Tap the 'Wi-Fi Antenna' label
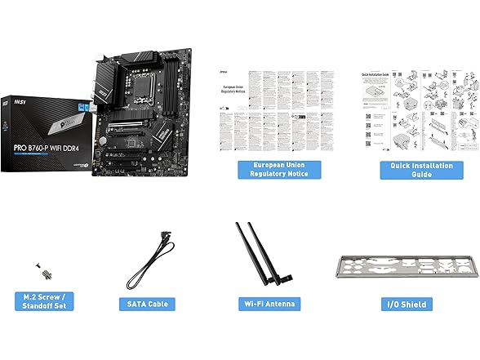point(268,304)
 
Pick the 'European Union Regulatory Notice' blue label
point(279,169)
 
